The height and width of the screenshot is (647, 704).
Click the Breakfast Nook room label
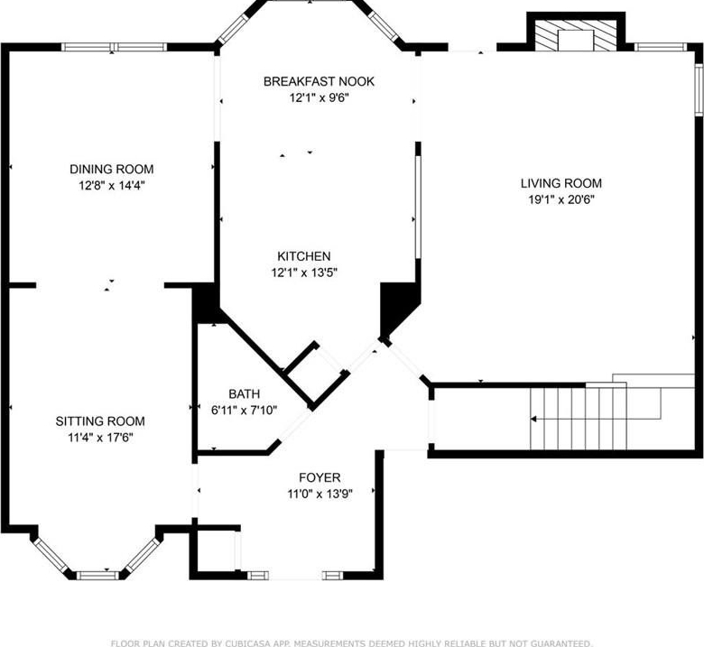pos(319,81)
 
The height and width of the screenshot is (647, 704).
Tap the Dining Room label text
pos(111,169)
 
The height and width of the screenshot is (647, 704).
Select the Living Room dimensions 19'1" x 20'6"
pos(561,199)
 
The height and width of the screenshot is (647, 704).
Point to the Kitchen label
pos(304,256)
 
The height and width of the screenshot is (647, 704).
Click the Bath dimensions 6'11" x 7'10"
pos(244,410)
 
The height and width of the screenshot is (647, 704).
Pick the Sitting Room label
pos(100,421)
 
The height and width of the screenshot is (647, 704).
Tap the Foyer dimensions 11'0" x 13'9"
pos(320,494)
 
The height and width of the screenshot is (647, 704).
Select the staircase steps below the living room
pos(579,419)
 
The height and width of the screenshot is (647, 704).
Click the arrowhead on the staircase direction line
pos(533,419)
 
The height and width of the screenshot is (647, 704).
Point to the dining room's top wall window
pos(114,47)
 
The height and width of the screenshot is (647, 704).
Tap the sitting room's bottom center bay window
pos(97,575)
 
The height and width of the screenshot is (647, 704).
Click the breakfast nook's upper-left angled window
pos(233,29)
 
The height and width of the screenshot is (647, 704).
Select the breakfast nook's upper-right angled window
pos(384,26)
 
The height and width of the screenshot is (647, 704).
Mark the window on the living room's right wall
pos(699,90)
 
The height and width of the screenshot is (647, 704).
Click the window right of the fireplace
pos(661,47)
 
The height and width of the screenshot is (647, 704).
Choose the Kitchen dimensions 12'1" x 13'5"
pos(304,273)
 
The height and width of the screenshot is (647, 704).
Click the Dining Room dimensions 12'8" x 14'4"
pos(112,185)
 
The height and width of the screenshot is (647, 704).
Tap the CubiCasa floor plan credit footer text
pos(352,643)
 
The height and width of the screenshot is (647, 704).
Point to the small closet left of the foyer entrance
pos(217,551)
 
